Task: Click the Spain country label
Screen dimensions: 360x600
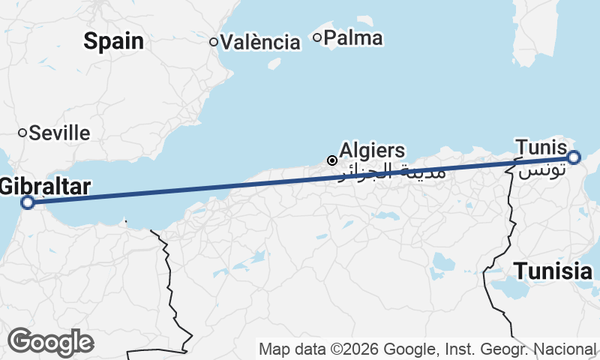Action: coord(113,40)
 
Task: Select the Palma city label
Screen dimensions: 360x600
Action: coord(354,37)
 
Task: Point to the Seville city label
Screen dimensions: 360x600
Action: coord(59,133)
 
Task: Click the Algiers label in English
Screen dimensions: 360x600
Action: coord(372,150)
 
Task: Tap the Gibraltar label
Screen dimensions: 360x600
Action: coord(45,186)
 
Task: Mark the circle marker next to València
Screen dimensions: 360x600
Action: coord(214,42)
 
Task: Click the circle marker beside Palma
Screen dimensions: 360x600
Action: coord(317,37)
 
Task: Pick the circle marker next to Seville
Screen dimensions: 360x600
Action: coord(22,133)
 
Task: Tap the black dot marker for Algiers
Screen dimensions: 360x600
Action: coord(331,160)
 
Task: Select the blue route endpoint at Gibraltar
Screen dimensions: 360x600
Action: coord(27,202)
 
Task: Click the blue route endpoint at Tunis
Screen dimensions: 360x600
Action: coord(574,157)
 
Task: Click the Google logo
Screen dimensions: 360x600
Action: coord(50,342)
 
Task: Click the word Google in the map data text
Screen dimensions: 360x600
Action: coord(409,349)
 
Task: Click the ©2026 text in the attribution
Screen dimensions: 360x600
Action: coord(352,349)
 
